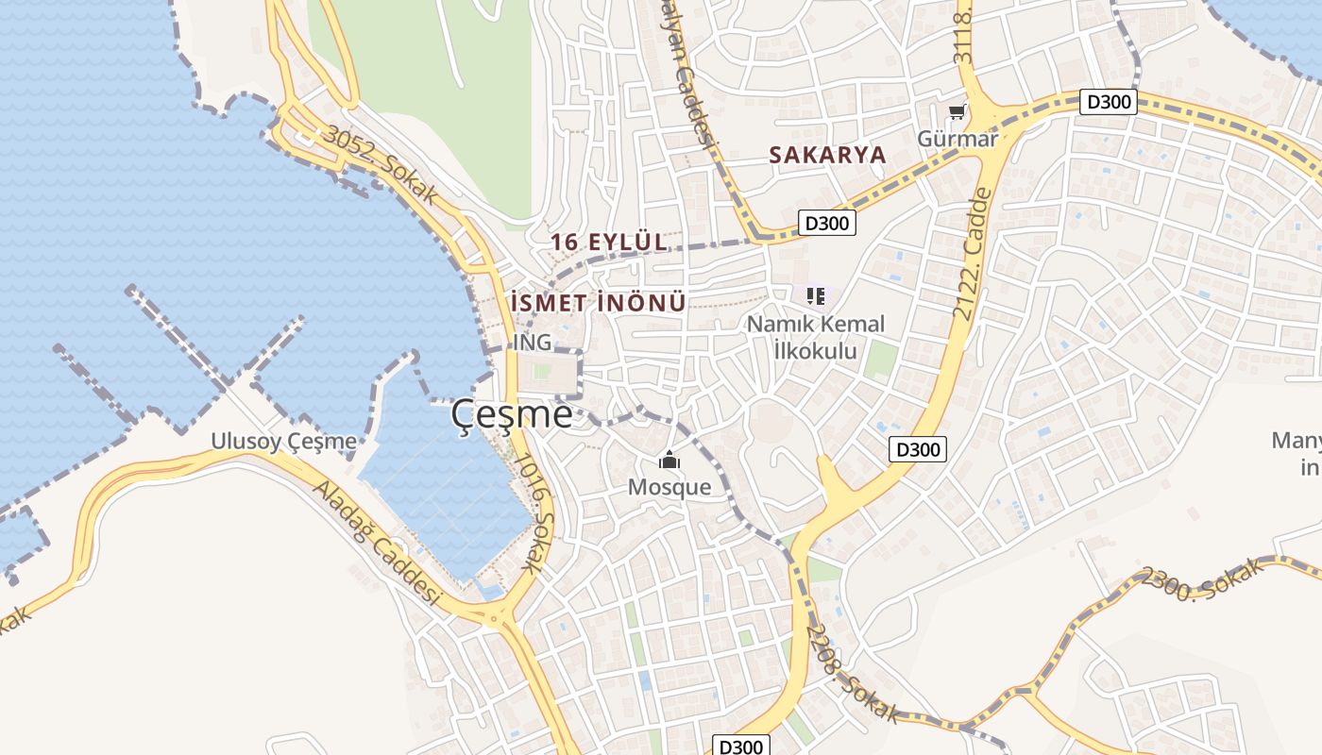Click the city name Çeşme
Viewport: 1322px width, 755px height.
click(511, 414)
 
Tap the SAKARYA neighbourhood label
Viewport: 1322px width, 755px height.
click(827, 155)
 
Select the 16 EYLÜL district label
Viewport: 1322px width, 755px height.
click(609, 242)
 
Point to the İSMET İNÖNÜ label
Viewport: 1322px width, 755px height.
click(597, 303)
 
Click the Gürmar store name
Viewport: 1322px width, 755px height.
click(958, 139)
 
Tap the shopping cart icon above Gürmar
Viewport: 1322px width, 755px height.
click(958, 112)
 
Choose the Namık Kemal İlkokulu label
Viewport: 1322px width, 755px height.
click(816, 337)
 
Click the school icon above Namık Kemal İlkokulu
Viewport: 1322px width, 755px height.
click(816, 296)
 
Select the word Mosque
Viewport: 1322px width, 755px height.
click(669, 487)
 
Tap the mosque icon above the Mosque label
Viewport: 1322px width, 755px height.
click(669, 461)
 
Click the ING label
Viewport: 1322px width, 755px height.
click(532, 342)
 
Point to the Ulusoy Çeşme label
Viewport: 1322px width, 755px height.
click(283, 441)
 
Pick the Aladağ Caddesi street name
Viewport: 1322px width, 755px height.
click(377, 544)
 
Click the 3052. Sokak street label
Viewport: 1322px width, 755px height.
click(381, 164)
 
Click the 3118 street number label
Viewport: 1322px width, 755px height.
click(964, 38)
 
